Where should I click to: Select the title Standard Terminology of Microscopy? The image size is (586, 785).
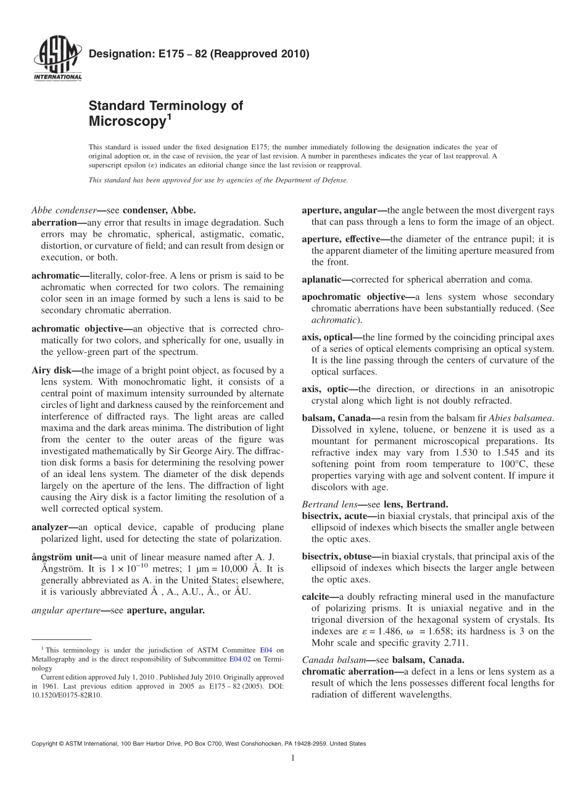165,113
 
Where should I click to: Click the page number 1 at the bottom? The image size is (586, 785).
293,758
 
